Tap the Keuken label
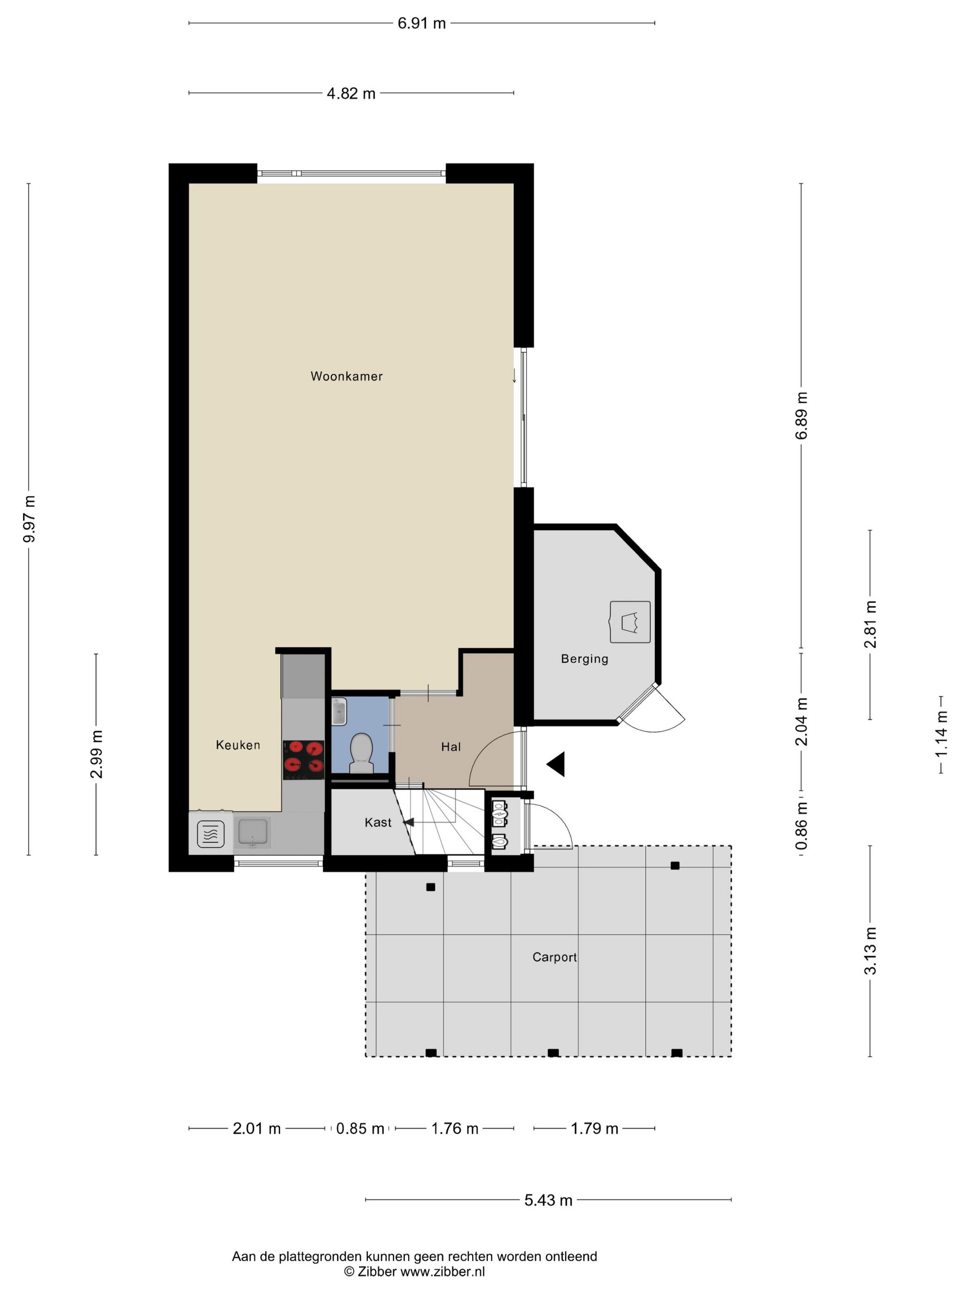pyautogui.click(x=238, y=745)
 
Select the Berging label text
pyautogui.click(x=584, y=659)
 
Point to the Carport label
pyautogui.click(x=554, y=957)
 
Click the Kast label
pyautogui.click(x=378, y=822)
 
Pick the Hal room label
pyautogui.click(x=451, y=746)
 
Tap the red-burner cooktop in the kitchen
pyautogui.click(x=303, y=760)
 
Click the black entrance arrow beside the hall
pyautogui.click(x=556, y=764)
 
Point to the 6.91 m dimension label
pyautogui.click(x=422, y=24)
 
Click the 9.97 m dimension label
pyautogui.click(x=29, y=519)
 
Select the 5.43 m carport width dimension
pyautogui.click(x=548, y=1200)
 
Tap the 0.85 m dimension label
pyautogui.click(x=360, y=1129)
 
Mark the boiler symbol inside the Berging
pyautogui.click(x=630, y=622)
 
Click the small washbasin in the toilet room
pyautogui.click(x=339, y=712)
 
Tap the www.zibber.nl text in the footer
pyautogui.click(x=442, y=1271)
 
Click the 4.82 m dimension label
pyautogui.click(x=351, y=94)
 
